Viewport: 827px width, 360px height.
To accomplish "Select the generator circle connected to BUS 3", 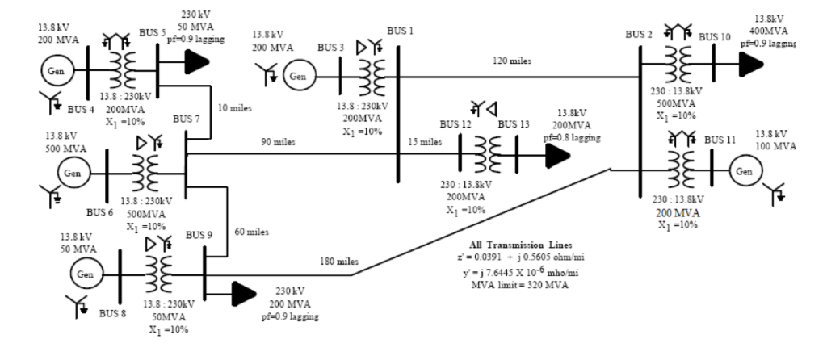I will (299, 77).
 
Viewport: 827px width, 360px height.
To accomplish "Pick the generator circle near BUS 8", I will (86, 274).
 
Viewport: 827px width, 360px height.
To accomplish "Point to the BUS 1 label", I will (400, 31).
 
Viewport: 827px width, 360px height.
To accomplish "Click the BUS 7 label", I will (188, 119).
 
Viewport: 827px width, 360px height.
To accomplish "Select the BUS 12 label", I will (455, 124).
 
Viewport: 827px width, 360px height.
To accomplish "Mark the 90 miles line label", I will (278, 143).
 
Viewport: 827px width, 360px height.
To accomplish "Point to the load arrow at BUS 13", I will (556, 157).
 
